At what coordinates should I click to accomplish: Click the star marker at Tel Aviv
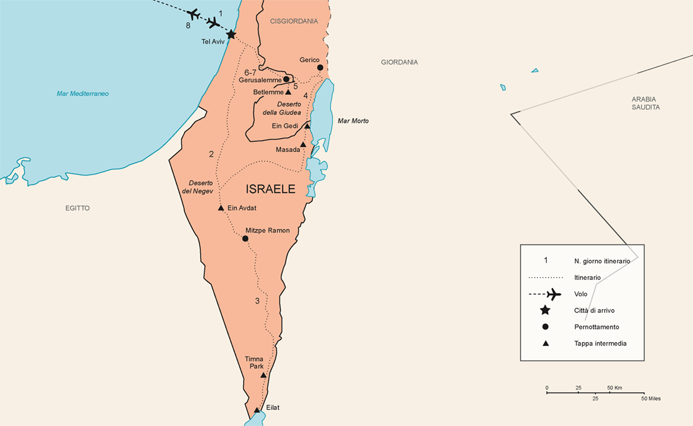point(231,35)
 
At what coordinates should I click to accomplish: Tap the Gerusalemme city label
point(260,80)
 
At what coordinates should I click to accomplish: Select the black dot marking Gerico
point(320,68)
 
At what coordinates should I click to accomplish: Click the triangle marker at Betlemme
point(288,92)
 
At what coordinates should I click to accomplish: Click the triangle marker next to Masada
point(303,144)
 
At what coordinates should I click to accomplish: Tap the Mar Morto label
point(353,121)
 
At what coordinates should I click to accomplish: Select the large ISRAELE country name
point(271,189)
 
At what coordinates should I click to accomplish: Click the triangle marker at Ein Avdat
point(221,208)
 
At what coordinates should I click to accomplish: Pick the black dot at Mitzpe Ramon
point(245,238)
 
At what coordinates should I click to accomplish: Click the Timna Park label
point(254,363)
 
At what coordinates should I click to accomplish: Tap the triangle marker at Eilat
point(256,410)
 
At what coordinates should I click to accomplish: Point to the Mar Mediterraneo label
point(83,93)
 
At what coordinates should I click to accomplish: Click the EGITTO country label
point(78,208)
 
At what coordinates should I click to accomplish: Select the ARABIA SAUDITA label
point(645,104)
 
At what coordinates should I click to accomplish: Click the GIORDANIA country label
point(399,62)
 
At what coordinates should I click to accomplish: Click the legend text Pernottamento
point(596,327)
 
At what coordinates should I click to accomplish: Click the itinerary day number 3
point(257,301)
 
